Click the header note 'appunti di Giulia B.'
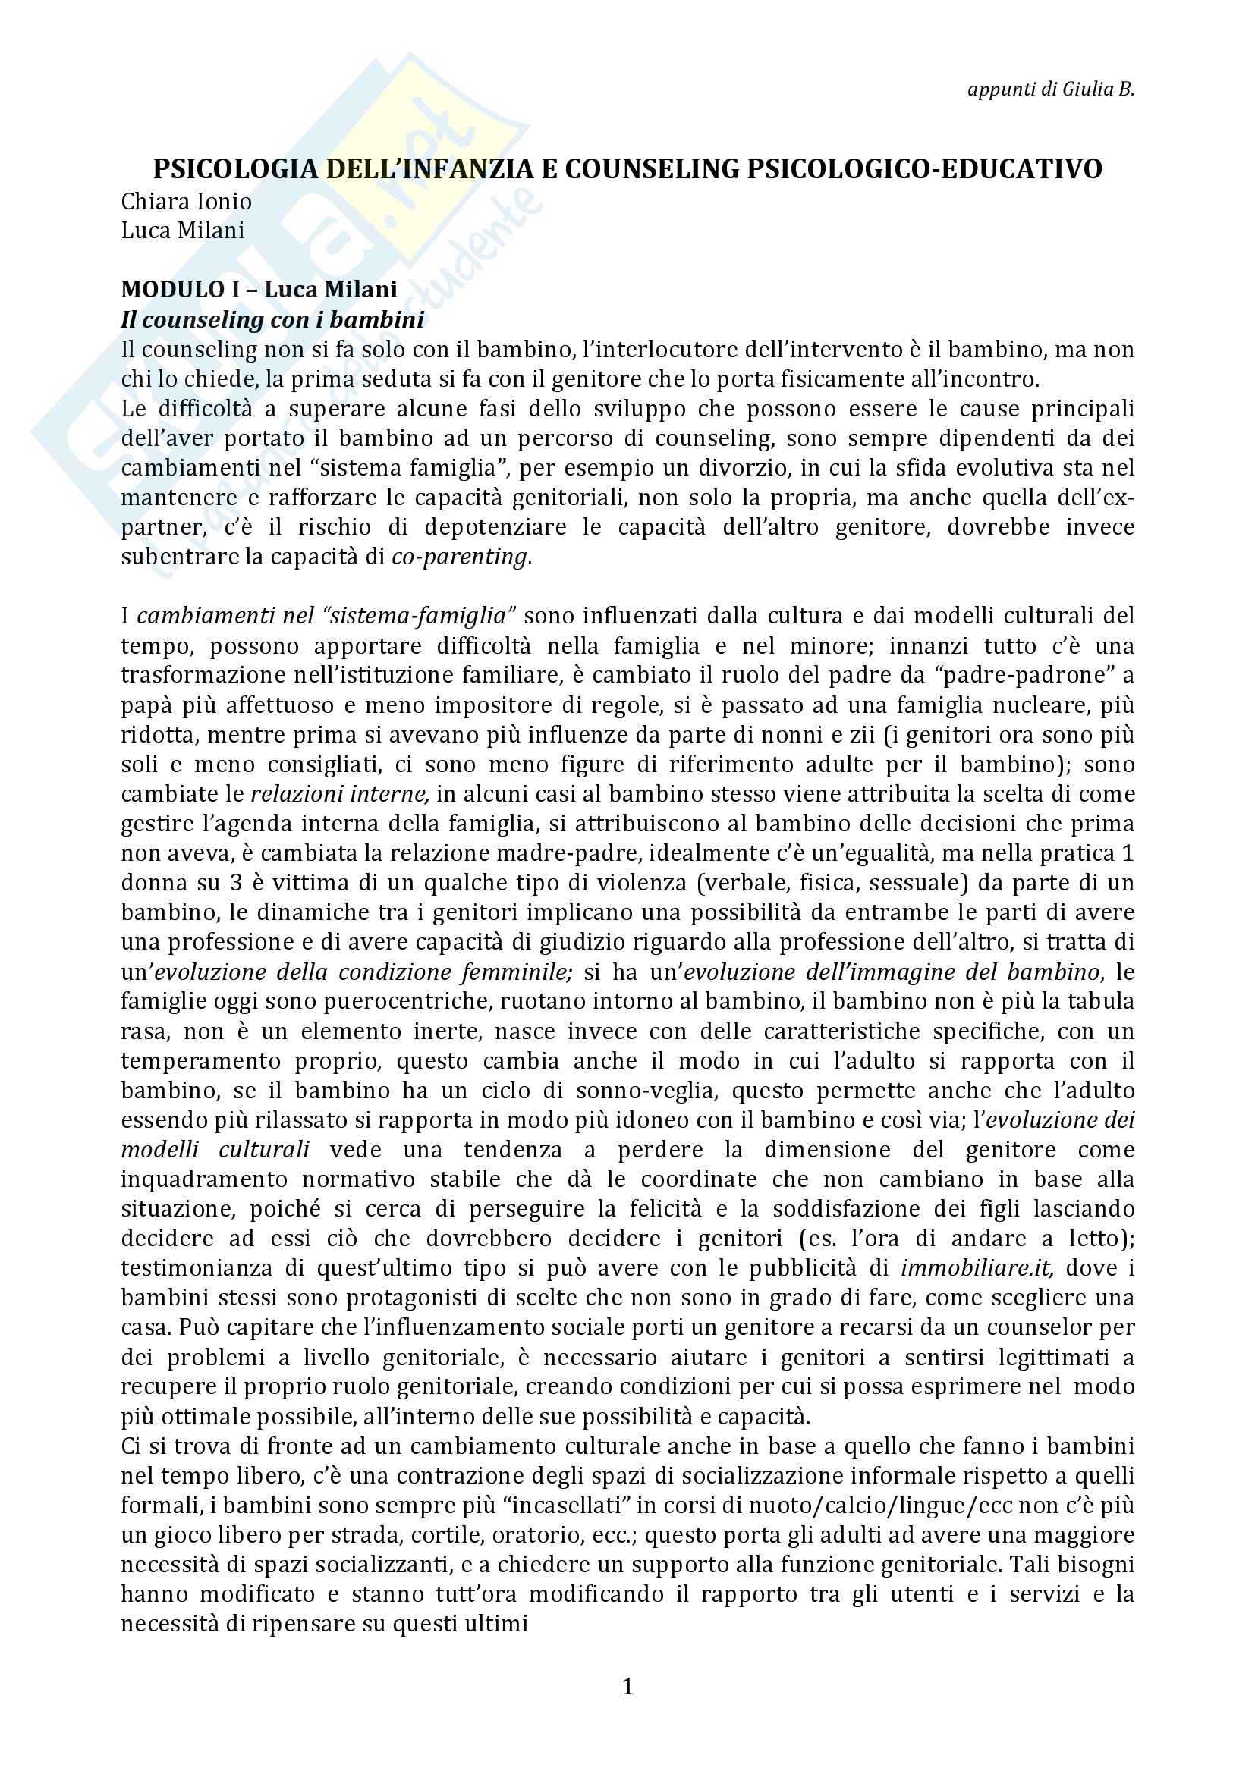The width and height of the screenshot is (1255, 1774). (1050, 89)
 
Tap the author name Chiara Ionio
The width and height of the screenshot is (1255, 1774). (186, 202)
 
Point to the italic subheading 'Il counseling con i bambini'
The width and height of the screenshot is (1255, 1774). (272, 319)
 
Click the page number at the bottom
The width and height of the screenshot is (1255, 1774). (627, 1688)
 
